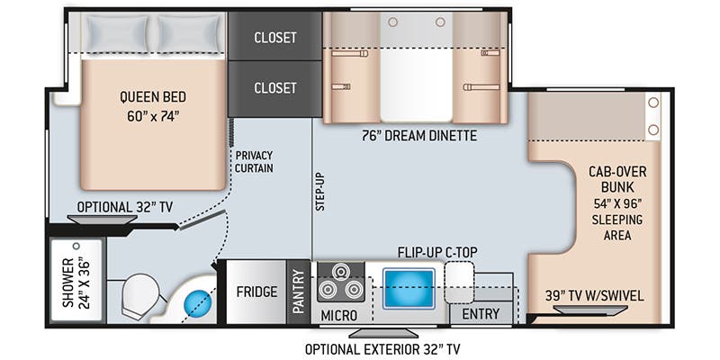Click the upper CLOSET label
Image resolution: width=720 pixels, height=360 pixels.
[274, 38]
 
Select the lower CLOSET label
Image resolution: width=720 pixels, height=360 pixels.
[274, 88]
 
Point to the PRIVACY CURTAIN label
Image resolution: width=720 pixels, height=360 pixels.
[253, 162]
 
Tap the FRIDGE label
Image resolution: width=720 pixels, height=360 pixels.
[256, 292]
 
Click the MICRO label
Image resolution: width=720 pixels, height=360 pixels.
[338, 315]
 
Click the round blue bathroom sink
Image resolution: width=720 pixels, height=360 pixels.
[197, 304]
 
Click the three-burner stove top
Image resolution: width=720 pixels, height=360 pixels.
[338, 281]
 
